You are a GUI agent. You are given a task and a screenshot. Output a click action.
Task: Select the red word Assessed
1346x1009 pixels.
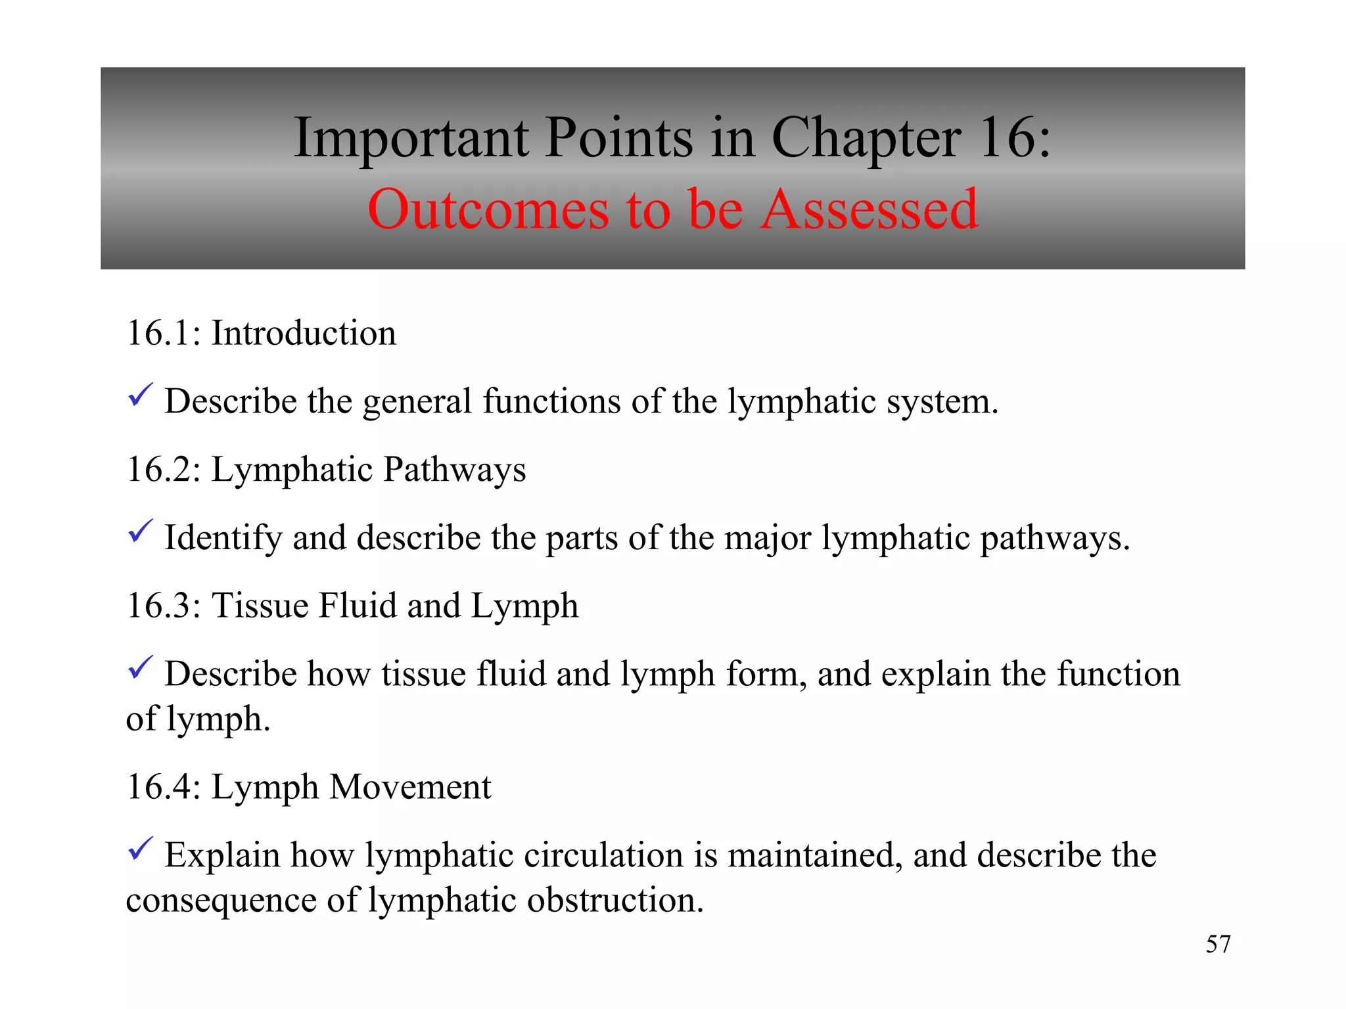(870, 210)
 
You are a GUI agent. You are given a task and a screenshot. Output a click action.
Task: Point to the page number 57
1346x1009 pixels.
(1218, 944)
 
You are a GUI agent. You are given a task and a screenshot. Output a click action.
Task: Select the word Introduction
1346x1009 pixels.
(304, 333)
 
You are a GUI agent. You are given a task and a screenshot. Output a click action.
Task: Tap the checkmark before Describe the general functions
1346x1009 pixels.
(140, 395)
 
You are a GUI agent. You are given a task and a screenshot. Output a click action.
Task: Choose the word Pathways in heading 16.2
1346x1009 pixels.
(454, 470)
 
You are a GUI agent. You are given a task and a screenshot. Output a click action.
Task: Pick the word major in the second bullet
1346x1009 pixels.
(767, 538)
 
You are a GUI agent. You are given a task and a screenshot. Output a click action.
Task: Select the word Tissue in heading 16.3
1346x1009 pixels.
(260, 606)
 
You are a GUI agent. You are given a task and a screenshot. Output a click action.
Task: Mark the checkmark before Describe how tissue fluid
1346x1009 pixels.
(140, 667)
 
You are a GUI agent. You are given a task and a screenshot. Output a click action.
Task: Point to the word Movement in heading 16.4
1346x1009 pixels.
(410, 787)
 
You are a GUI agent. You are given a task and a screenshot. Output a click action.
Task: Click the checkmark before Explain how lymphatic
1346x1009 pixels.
(140, 849)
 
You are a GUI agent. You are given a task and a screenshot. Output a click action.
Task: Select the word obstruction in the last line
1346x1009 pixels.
(615, 900)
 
